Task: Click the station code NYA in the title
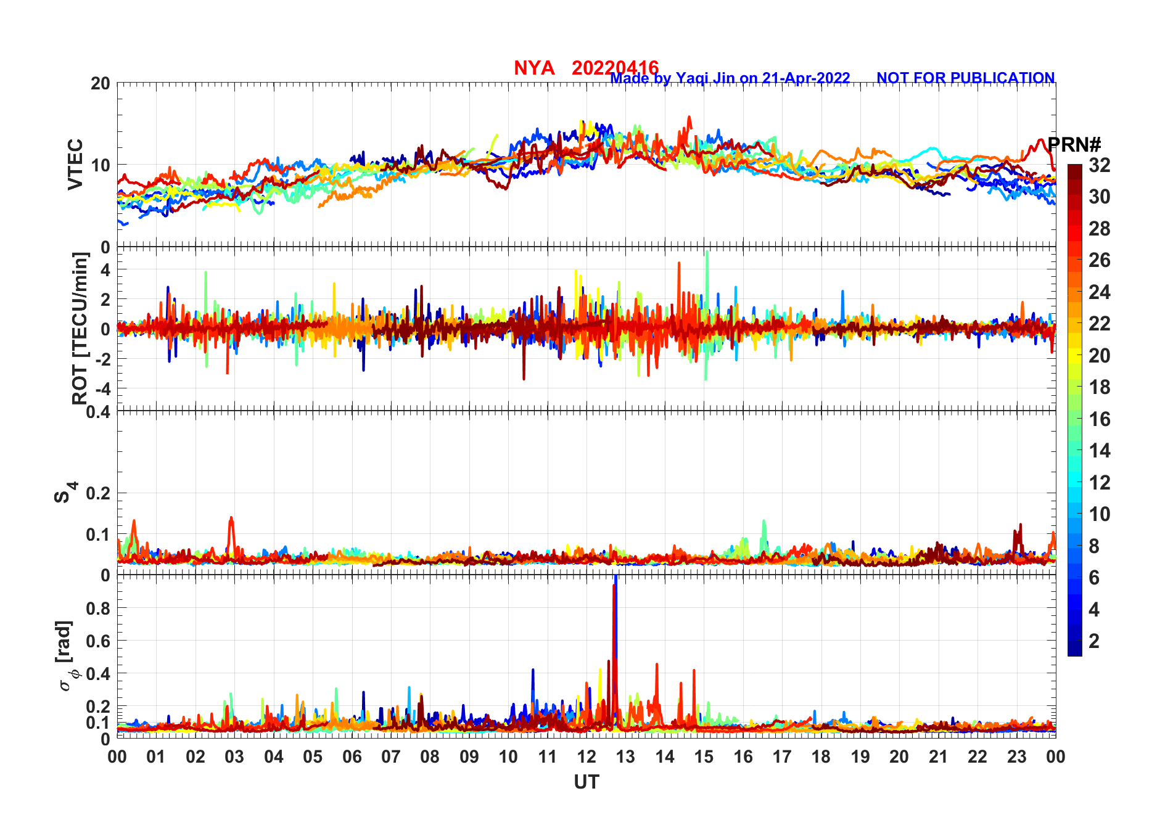533,68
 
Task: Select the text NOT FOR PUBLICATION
965,78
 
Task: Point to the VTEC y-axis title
75,165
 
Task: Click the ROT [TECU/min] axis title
80,328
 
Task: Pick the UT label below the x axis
586,782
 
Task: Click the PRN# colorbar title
1074,145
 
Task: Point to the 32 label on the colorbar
1099,165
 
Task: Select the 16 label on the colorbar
1099,419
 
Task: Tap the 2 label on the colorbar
1094,641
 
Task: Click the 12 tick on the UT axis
586,756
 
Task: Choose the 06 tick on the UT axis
352,756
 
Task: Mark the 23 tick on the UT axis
1016,756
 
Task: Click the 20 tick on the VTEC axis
101,83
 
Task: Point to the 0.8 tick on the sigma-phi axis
99,608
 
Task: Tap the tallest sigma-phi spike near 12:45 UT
615,580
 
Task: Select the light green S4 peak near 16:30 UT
764,522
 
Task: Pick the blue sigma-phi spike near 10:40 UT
533,671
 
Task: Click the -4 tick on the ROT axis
102,388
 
